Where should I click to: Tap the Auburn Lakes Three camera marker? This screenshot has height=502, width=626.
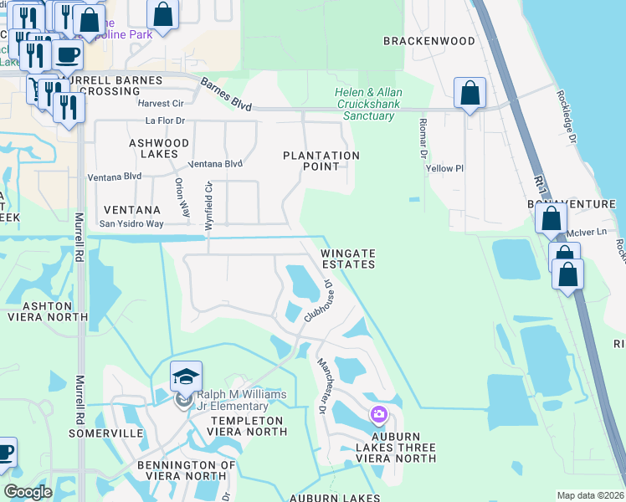[x=378, y=414]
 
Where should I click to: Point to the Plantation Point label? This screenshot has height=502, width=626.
[x=321, y=161]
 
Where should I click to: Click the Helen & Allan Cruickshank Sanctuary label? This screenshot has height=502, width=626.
[x=368, y=104]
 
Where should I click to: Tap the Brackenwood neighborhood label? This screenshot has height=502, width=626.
[x=429, y=40]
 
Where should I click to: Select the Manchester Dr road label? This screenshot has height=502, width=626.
[x=320, y=385]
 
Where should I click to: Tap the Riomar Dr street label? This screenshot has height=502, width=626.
[x=423, y=137]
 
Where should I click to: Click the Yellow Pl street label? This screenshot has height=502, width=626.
[x=444, y=168]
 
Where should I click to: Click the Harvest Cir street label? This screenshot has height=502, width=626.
[x=161, y=104]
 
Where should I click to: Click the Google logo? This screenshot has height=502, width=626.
[x=28, y=492]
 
